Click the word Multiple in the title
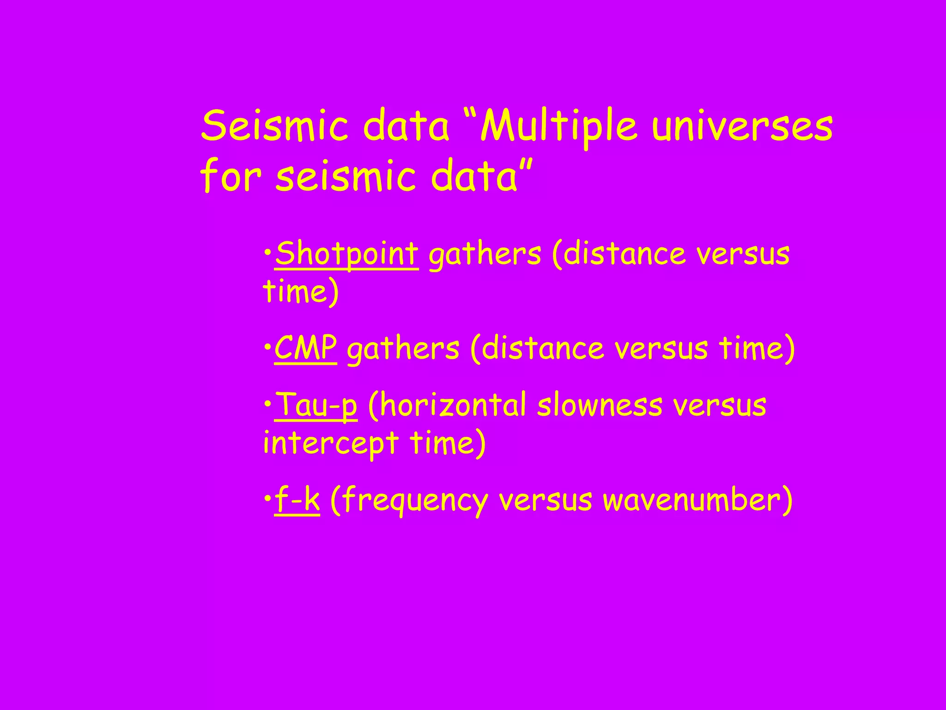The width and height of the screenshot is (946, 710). [x=559, y=127]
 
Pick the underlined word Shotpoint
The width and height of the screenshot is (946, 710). [x=347, y=254]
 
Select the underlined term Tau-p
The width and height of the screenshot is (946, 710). [x=316, y=404]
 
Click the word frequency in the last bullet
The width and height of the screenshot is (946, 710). [x=410, y=501]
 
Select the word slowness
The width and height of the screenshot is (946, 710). [x=600, y=405]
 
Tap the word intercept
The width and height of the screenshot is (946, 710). [x=331, y=443]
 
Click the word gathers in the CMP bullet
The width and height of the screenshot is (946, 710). [x=403, y=349]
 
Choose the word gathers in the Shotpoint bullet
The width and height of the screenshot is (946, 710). [x=485, y=255]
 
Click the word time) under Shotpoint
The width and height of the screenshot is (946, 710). [x=301, y=292]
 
